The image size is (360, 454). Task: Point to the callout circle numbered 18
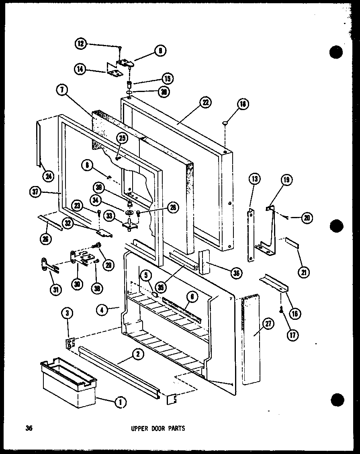click(x=243, y=105)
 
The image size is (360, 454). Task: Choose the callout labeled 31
click(x=56, y=288)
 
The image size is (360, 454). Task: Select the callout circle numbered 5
click(x=146, y=276)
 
